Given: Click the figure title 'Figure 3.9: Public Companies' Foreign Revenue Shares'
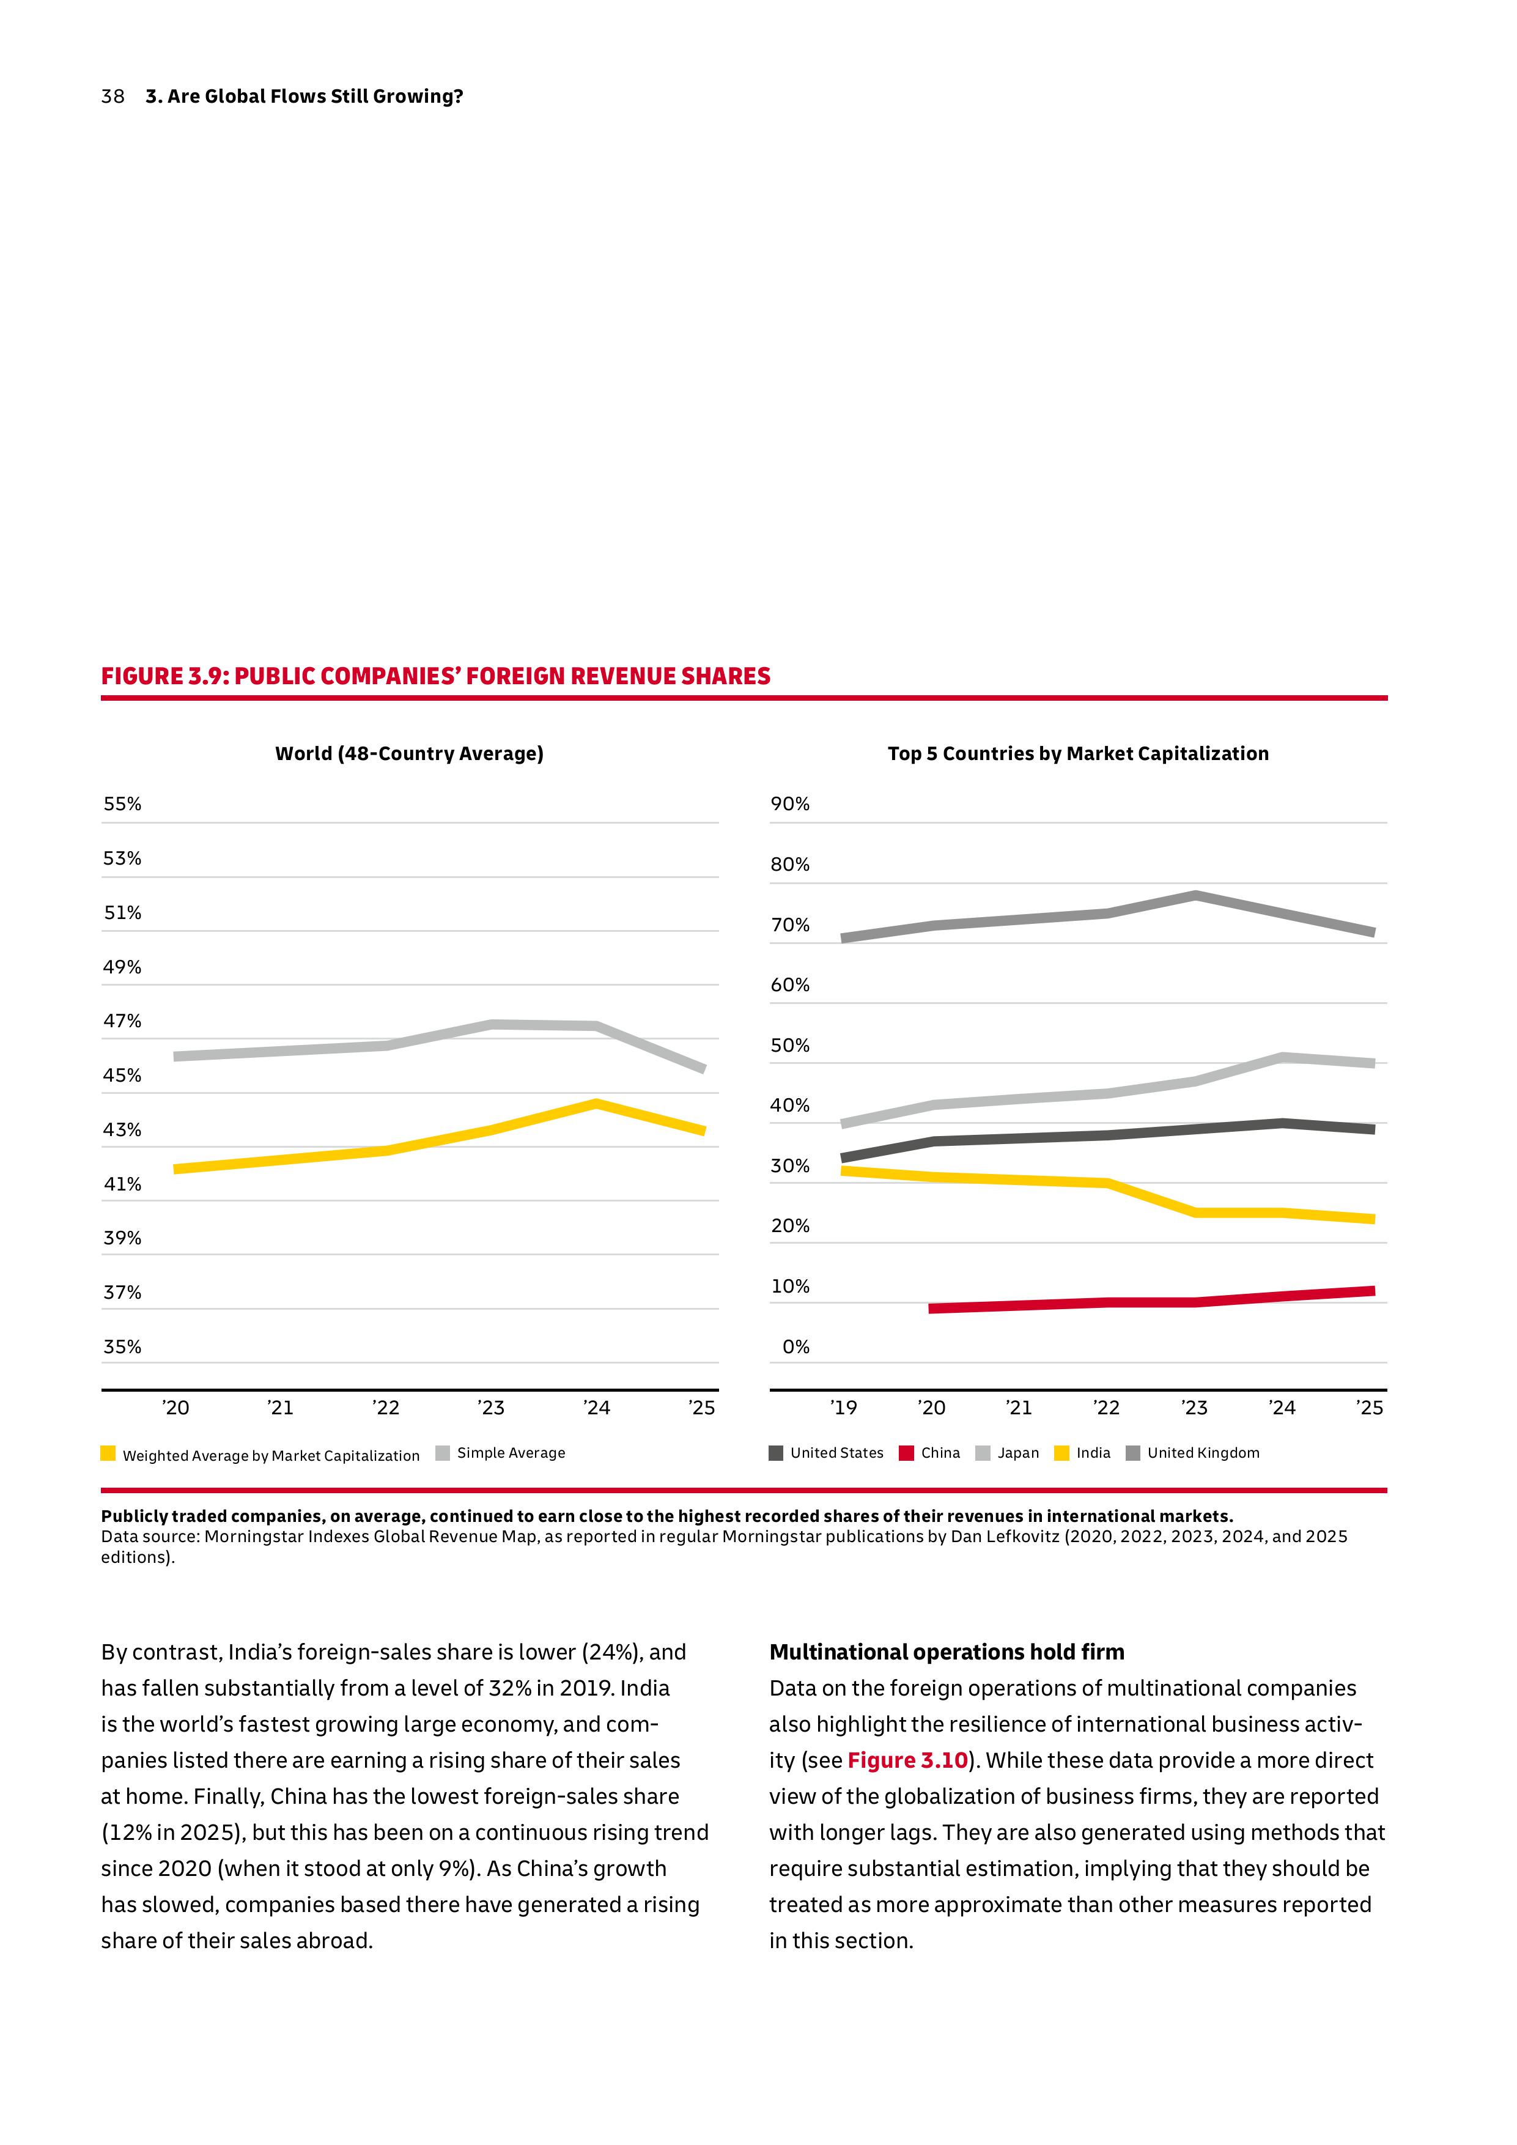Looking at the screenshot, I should [435, 676].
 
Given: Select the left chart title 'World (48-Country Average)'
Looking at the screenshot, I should [409, 754].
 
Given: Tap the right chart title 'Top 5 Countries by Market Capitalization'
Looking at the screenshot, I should [1078, 754].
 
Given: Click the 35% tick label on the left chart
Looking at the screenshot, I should [122, 1346].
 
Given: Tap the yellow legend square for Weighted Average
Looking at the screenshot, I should [108, 1453].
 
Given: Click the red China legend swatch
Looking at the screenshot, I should [906, 1453].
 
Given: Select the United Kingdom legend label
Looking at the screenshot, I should [1203, 1453].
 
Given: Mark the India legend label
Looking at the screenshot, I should [1093, 1453].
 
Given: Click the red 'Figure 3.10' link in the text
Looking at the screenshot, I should [907, 1761].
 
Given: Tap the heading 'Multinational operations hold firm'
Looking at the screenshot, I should [947, 1653].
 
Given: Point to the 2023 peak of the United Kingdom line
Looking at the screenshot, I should [1195, 896].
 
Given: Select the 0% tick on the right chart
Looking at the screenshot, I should [796, 1346].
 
